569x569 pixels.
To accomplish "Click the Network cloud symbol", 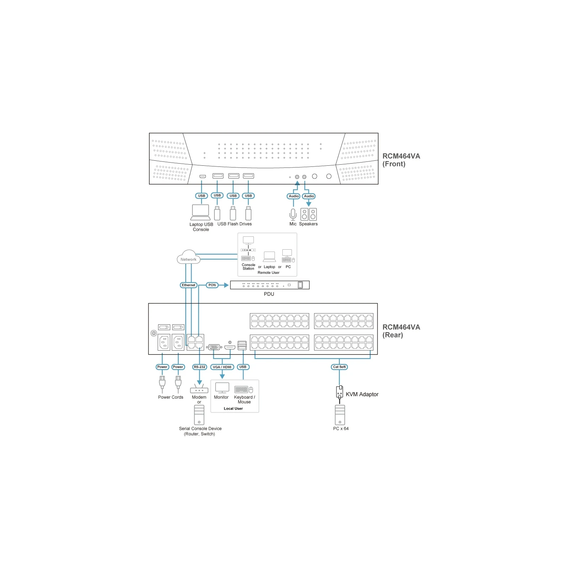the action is coord(188,257).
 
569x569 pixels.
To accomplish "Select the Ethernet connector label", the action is coord(188,285).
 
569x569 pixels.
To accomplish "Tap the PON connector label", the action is coord(212,285).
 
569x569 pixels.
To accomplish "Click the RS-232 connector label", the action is coord(200,367).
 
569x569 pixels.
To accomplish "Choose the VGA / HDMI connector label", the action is coord(222,367).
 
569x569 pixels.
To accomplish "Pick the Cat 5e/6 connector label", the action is coord(339,367).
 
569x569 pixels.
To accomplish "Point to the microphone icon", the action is coord(293,214).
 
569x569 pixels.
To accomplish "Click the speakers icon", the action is coord(308,214).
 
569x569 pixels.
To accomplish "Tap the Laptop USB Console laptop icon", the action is coord(201,212).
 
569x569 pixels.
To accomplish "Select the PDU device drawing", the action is coord(270,285).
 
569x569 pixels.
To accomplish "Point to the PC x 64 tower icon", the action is coord(340,415).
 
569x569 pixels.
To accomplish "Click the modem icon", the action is coord(199,389).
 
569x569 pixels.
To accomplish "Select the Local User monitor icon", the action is coord(222,388).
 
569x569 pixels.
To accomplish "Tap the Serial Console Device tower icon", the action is coord(199,415).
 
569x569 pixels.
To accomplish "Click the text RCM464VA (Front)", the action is coord(401,160).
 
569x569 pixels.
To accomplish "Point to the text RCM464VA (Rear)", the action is coord(401,331).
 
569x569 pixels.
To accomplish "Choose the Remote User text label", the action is coord(268,272).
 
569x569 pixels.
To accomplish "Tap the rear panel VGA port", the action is coord(214,347).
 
